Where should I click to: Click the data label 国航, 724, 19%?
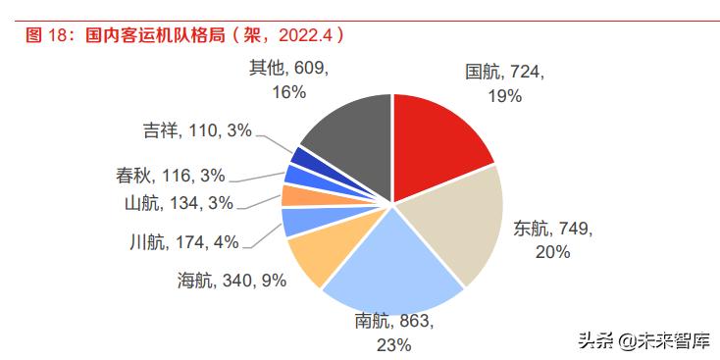coord(504,83)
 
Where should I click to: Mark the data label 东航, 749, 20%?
coord(554,239)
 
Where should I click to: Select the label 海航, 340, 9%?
coord(233,282)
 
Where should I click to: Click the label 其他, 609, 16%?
coord(287,79)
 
